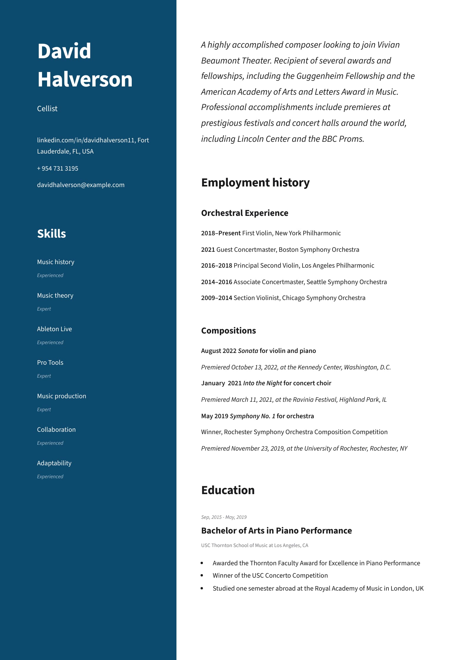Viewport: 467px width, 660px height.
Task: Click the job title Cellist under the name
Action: (47, 109)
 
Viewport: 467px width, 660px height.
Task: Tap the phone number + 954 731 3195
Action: (58, 169)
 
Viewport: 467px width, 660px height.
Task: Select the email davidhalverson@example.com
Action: (81, 185)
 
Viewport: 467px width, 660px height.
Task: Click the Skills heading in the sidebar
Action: (51, 234)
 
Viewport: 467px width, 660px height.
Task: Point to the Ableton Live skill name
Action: (54, 329)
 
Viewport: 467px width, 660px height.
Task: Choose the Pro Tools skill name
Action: (50, 363)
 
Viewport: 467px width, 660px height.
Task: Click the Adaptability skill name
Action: (54, 463)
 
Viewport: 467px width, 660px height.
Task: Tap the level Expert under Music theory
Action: (44, 309)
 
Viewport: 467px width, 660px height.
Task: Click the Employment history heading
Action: (255, 183)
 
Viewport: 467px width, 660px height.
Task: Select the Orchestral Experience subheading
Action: (244, 213)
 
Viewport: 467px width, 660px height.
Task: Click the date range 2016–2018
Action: (216, 266)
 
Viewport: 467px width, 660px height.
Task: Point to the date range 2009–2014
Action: (216, 298)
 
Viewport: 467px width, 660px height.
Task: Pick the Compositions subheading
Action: (228, 331)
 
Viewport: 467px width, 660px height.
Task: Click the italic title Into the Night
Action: (262, 383)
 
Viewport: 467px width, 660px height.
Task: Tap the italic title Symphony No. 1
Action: (252, 416)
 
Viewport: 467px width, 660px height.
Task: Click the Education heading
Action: (228, 490)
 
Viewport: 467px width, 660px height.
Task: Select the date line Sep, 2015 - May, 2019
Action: (224, 517)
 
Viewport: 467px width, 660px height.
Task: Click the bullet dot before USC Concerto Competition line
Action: (202, 575)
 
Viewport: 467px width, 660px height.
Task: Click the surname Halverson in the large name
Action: (85, 79)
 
